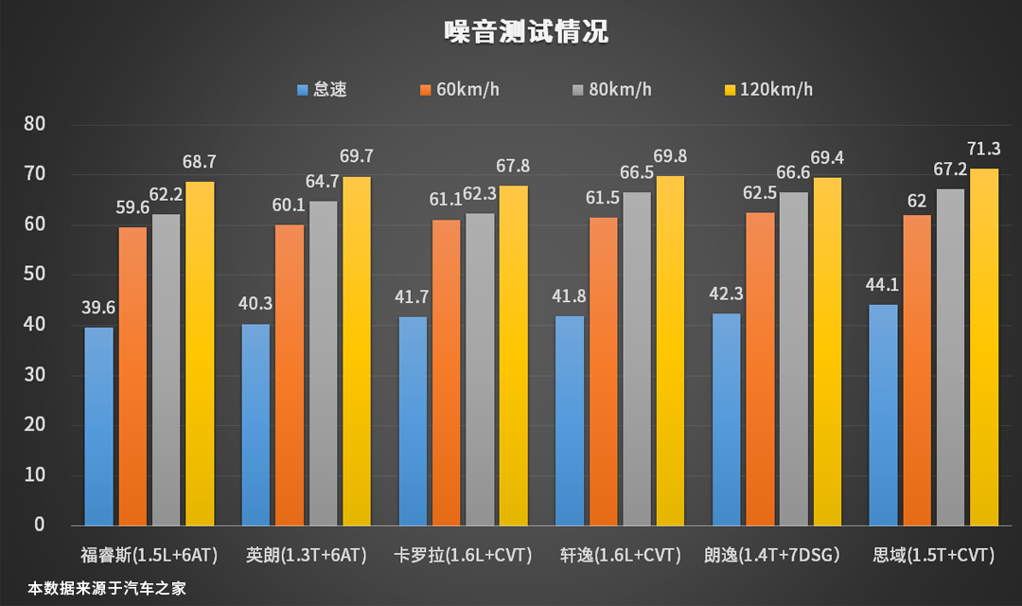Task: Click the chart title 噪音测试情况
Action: coord(526,32)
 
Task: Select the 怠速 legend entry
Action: coord(322,90)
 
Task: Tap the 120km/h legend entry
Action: coord(767,90)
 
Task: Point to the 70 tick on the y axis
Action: coord(34,174)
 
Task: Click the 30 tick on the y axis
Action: coord(34,375)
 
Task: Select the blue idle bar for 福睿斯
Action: coord(98,426)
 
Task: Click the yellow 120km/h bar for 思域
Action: coord(984,347)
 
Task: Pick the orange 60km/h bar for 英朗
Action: coord(290,374)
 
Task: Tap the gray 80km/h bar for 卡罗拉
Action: coord(481,369)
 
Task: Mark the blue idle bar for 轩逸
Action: coord(570,420)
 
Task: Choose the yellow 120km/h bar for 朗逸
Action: coord(827,351)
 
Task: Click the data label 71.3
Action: coord(984,149)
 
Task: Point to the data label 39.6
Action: coord(98,308)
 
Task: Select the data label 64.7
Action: coord(324,181)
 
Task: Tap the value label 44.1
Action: coord(884,284)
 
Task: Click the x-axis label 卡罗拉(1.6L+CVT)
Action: coord(463,555)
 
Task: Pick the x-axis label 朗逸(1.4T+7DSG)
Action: coord(774,555)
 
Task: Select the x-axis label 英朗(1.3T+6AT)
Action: coord(306,555)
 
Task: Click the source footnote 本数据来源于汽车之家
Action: coord(106,588)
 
